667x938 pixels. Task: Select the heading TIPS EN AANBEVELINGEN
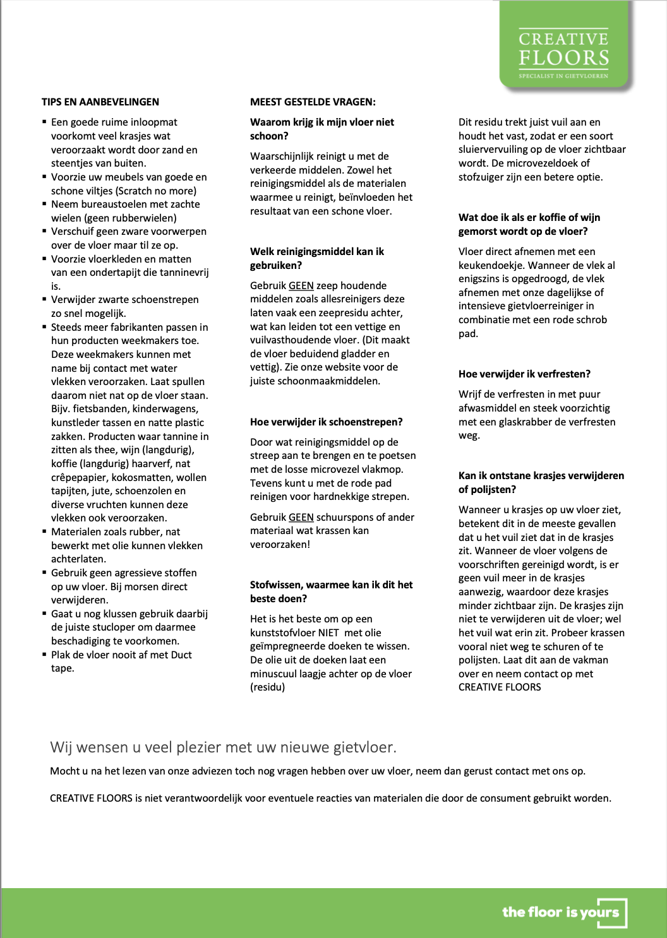click(100, 102)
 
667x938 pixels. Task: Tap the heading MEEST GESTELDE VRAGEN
click(313, 102)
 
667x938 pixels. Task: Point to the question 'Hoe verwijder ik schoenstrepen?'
click(326, 422)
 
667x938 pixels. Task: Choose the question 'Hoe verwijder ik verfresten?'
click(524, 374)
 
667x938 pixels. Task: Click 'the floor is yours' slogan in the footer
click(561, 911)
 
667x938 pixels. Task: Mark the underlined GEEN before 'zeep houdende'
click(301, 285)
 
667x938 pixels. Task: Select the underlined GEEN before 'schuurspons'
click(301, 517)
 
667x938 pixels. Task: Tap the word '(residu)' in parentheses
click(267, 687)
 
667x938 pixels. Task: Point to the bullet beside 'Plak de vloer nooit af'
click(45, 654)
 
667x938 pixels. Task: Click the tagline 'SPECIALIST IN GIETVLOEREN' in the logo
click(563, 76)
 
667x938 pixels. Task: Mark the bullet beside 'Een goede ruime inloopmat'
click(45, 121)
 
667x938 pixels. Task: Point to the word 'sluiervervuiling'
click(496, 150)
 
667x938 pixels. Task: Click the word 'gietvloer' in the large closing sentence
click(363, 747)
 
